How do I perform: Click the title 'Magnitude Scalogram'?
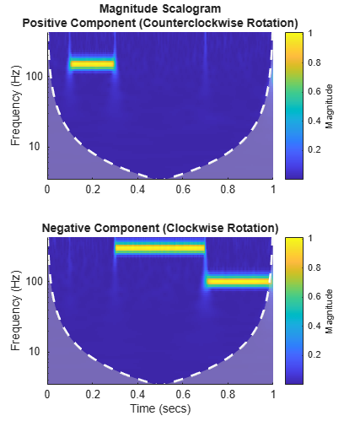coord(159,8)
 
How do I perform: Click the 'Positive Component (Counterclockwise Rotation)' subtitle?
coord(159,21)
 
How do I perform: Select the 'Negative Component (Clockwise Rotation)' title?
coord(160,228)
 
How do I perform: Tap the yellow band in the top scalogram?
coord(92,64)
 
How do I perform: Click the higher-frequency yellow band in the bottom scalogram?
coord(160,248)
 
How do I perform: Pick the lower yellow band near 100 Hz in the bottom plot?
coord(238,282)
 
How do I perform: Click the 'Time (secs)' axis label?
coord(160,408)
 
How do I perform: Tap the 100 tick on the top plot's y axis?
coord(34,76)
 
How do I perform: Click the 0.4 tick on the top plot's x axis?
coord(137,190)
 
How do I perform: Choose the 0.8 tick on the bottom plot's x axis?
coord(228,394)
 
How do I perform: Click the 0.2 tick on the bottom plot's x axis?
coord(93,394)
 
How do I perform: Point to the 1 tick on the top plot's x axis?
coord(272,190)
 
